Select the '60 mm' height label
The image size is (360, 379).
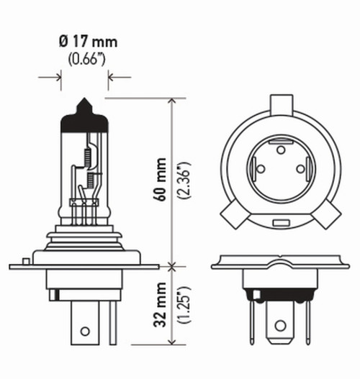coord(160,178)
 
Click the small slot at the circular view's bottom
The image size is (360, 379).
coord(278,224)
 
